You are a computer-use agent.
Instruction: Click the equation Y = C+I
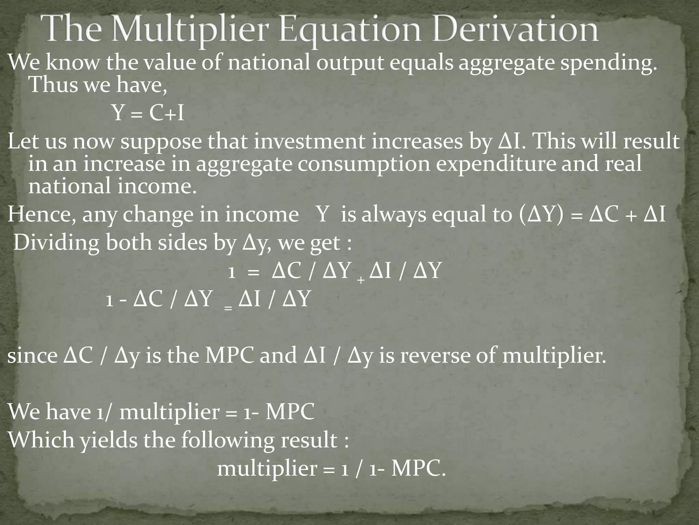pos(148,113)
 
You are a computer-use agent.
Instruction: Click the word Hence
pos(41,215)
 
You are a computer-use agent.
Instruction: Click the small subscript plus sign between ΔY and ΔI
pos(361,280)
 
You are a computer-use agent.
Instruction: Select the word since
pos(32,356)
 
